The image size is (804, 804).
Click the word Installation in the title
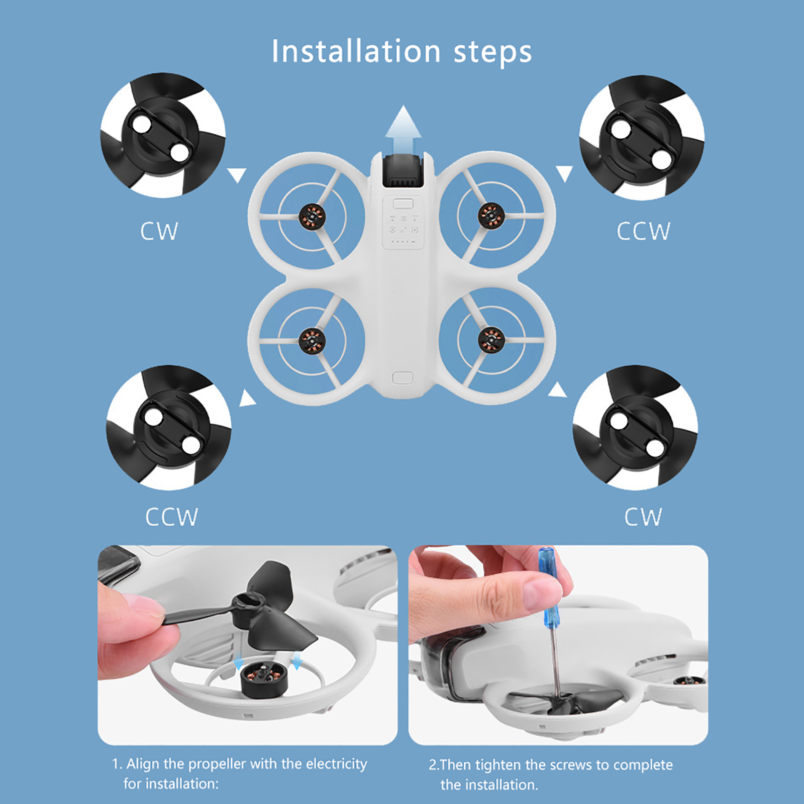356,51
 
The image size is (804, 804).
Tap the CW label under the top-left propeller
159,231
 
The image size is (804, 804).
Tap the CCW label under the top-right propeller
643,231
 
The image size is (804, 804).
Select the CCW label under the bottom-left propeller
171,517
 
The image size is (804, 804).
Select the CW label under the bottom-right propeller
643,517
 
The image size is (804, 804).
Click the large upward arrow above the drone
403,129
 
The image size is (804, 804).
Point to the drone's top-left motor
312,217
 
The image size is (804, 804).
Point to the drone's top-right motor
491,216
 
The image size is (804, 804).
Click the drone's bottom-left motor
312,341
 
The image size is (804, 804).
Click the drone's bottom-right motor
491,340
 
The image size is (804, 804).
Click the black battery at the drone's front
402,171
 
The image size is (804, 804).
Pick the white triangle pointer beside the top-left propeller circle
237,175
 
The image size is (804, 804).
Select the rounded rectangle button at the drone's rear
403,378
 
